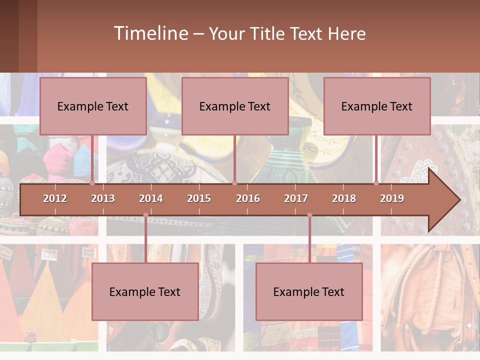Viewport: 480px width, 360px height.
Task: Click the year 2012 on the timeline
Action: coord(55,198)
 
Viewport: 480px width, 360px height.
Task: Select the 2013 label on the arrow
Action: coord(103,198)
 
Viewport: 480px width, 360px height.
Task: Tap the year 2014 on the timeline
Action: coord(151,198)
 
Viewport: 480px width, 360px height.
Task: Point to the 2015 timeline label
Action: coord(199,198)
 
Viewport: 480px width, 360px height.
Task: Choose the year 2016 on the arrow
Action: coord(248,198)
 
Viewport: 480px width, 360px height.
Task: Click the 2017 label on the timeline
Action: coord(296,198)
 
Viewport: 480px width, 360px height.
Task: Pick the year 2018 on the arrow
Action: coord(344,198)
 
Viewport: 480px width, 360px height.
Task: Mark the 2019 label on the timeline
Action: coord(392,198)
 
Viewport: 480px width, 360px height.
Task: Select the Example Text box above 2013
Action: coord(93,106)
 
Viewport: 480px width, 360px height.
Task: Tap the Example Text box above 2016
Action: coord(235,106)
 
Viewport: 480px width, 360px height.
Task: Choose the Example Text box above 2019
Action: coord(377,106)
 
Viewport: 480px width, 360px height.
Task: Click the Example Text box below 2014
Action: coord(145,291)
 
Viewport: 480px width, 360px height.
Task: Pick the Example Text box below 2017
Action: coord(309,291)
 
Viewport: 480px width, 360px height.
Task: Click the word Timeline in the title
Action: coord(150,33)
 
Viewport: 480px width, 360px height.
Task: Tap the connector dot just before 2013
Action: coord(92,183)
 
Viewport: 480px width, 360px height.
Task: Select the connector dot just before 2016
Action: coord(235,183)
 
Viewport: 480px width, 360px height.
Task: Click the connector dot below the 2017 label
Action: coord(309,215)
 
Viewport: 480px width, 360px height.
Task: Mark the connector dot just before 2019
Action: coord(376,183)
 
